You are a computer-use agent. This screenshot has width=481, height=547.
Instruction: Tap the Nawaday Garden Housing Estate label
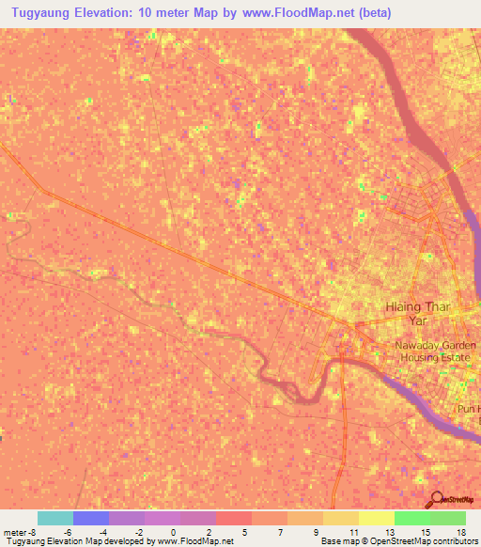coord(435,352)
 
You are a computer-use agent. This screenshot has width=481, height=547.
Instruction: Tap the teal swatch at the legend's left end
coord(55,518)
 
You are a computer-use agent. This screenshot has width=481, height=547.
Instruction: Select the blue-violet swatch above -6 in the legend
coord(91,518)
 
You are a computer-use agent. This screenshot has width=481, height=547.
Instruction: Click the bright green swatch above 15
coord(412,518)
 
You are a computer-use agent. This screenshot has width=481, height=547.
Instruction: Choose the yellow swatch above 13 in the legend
coord(377,518)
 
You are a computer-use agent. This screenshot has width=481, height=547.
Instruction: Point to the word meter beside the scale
coord(14,532)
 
